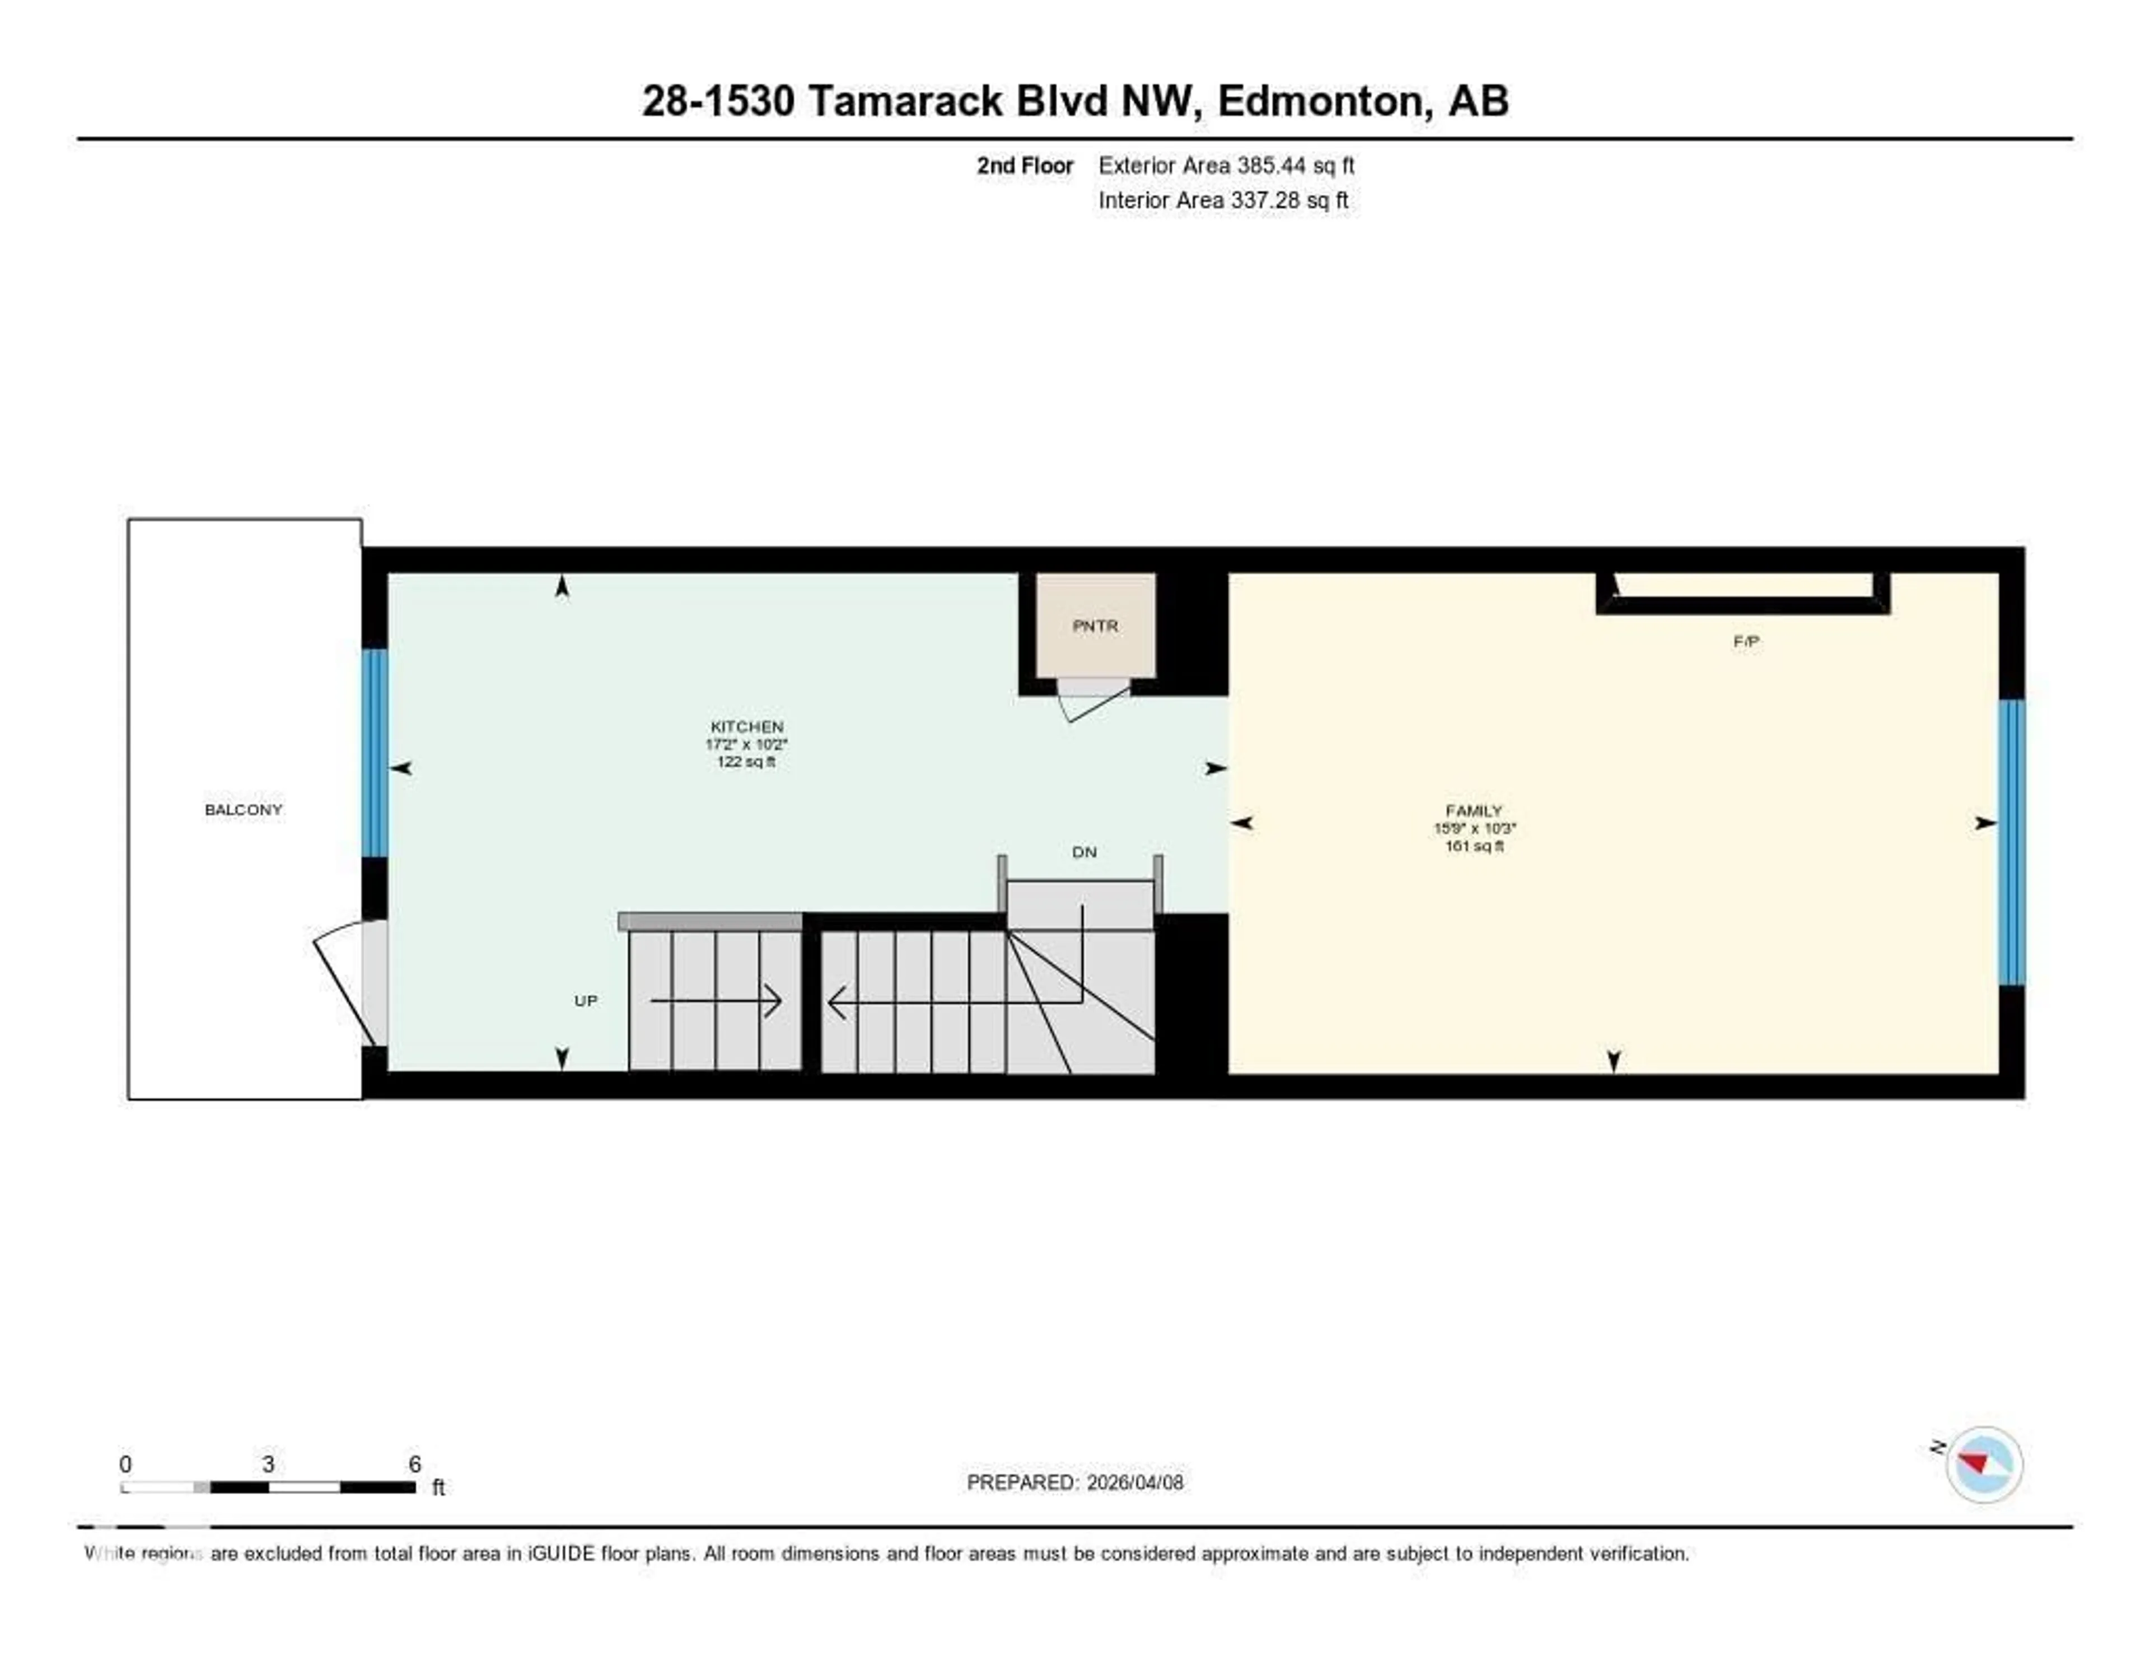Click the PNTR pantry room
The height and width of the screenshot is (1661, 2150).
point(1095,625)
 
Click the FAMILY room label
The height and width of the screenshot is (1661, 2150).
point(1474,810)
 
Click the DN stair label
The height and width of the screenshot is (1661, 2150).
point(1084,852)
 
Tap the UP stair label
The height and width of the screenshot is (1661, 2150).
point(586,1000)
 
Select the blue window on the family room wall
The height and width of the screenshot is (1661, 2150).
point(2011,842)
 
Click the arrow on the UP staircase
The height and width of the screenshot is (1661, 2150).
point(717,1001)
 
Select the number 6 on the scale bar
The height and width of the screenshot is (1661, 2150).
point(414,1464)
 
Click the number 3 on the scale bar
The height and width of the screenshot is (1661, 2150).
point(268,1464)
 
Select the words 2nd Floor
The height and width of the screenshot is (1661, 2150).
point(1024,165)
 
